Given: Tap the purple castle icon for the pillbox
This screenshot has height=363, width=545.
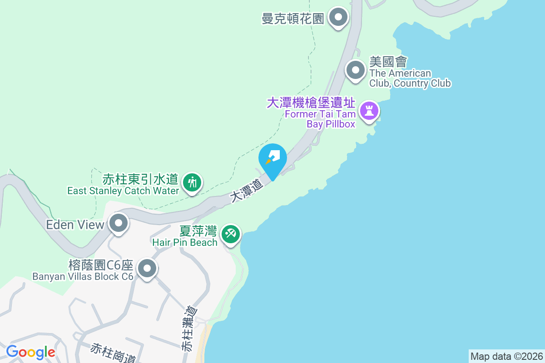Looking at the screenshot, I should (x=369, y=110).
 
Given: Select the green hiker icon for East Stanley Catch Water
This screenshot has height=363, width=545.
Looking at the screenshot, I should (x=193, y=182).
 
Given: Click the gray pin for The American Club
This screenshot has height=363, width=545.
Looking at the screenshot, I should (x=356, y=70).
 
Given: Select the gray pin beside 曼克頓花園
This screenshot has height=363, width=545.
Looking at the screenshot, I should (x=338, y=18).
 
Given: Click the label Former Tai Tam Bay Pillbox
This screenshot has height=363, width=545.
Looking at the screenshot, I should (x=320, y=119).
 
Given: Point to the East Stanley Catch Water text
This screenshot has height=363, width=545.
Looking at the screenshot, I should (x=123, y=191).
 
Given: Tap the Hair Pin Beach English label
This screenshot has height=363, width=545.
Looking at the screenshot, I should (x=185, y=242).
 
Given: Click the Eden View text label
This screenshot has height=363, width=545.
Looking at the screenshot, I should (x=75, y=225).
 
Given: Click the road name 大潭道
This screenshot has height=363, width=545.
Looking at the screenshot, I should (x=246, y=191).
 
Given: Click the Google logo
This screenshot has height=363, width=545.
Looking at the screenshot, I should (x=30, y=352).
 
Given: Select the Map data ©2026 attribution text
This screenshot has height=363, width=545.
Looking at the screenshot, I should (x=506, y=356).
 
